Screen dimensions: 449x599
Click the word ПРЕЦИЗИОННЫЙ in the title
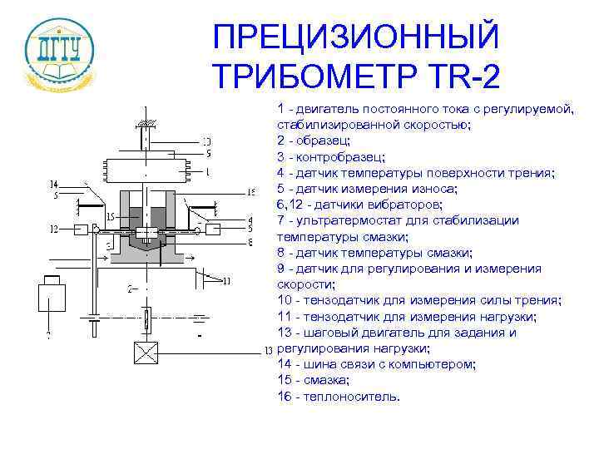click(356, 37)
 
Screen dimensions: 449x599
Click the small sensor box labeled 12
click(80, 228)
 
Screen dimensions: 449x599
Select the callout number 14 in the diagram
click(53, 184)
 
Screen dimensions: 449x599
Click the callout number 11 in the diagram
click(227, 281)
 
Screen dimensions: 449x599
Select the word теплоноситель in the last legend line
click(354, 397)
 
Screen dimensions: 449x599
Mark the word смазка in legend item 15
click(326, 381)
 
